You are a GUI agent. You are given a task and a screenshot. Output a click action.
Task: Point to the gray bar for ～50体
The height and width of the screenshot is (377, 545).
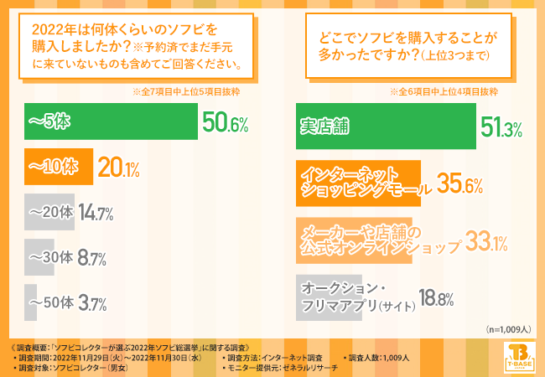coord(38,302)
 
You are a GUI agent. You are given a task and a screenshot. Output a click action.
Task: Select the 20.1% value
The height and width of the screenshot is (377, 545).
coord(119,168)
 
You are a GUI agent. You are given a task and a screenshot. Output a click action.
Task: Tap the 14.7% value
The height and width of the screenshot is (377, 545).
coord(96,214)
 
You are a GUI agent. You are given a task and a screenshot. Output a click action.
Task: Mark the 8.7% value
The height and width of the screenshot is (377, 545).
coord(87,259)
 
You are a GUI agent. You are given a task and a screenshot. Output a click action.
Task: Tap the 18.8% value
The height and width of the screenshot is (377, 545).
coord(436,298)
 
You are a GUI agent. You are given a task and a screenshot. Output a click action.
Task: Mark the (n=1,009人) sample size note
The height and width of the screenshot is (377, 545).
coord(511,329)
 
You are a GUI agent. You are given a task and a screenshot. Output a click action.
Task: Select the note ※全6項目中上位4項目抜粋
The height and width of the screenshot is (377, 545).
coord(445,91)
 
